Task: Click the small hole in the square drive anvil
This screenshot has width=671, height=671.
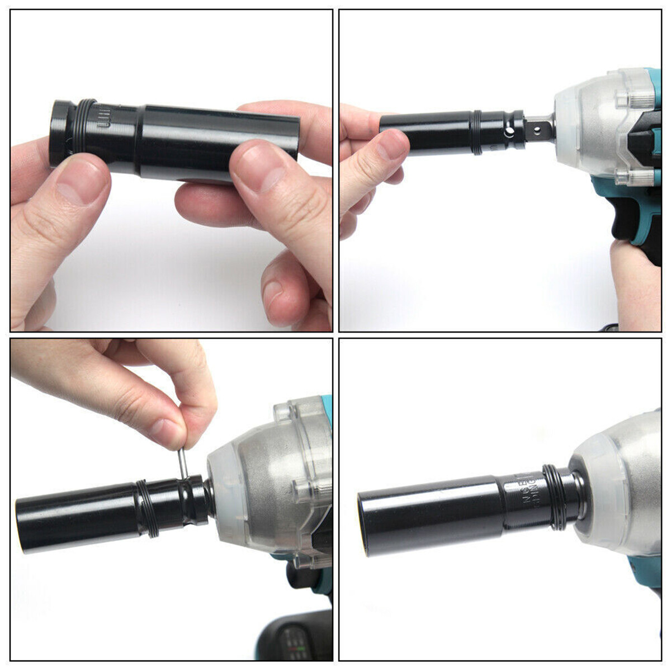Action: pyautogui.click(x=538, y=129)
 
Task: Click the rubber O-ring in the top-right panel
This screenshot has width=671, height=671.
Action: pyautogui.click(x=476, y=132)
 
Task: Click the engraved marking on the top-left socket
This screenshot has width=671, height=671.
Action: pyautogui.click(x=104, y=119)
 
